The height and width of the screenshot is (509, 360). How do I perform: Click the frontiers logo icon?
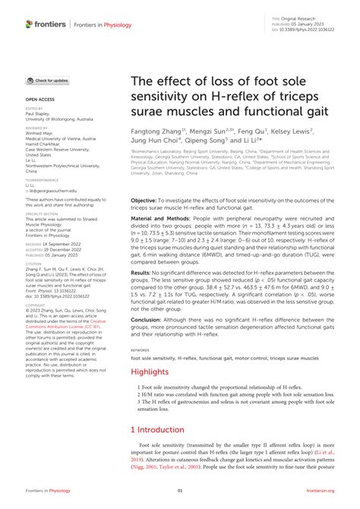pyautogui.click(x=29, y=24)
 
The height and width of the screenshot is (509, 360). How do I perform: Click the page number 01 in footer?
pyautogui.click(x=180, y=491)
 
